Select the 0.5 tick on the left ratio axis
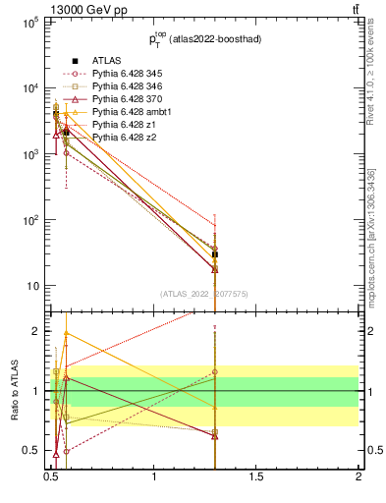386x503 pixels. (32, 450)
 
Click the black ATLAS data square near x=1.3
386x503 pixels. (215, 254)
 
